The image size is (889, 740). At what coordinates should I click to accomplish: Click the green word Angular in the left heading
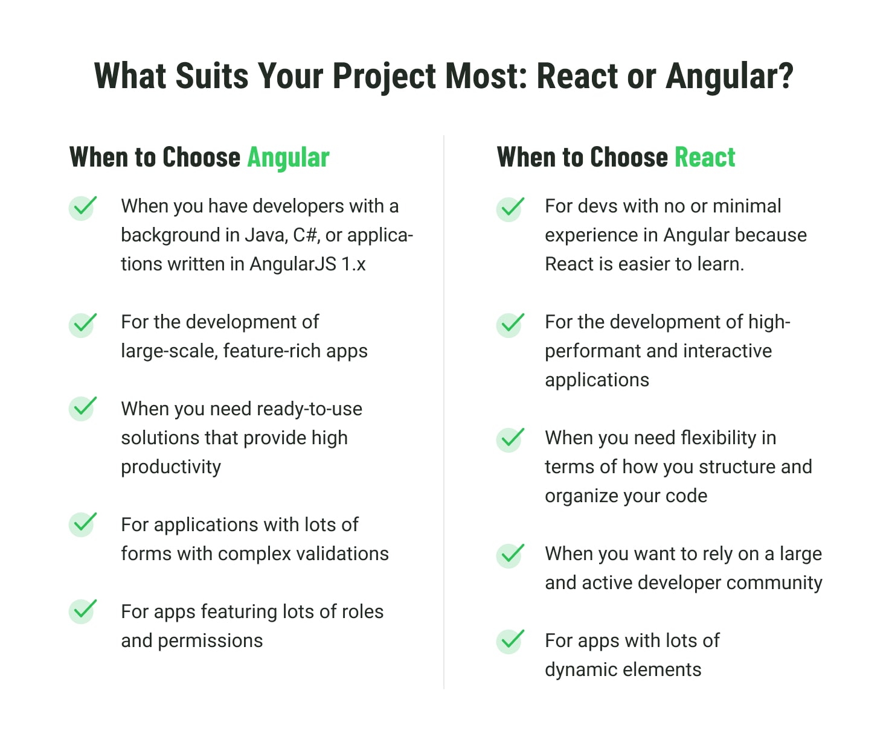pyautogui.click(x=288, y=158)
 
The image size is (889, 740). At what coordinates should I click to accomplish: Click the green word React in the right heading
pyautogui.click(x=705, y=157)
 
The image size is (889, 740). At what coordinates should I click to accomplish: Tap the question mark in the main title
pyautogui.click(x=783, y=75)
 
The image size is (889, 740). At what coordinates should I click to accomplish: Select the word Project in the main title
pyautogui.click(x=384, y=77)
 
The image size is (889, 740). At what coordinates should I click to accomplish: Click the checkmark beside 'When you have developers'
pyautogui.click(x=83, y=208)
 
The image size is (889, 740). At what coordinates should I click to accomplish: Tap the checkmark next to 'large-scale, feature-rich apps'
pyautogui.click(x=83, y=325)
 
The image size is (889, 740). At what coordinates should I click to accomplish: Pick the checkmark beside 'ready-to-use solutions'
pyautogui.click(x=83, y=408)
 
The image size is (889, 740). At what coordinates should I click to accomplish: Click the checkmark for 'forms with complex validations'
pyautogui.click(x=83, y=525)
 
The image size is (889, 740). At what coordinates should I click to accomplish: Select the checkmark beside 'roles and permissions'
pyautogui.click(x=83, y=611)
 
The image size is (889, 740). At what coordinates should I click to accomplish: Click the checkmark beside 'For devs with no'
pyautogui.click(x=510, y=209)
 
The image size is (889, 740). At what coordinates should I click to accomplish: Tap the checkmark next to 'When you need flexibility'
pyautogui.click(x=510, y=439)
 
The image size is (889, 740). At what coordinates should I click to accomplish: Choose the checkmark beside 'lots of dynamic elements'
pyautogui.click(x=510, y=641)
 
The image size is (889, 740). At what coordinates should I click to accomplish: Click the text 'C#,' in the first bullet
pyautogui.click(x=306, y=235)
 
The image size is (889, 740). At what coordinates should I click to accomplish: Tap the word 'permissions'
pyautogui.click(x=210, y=641)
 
